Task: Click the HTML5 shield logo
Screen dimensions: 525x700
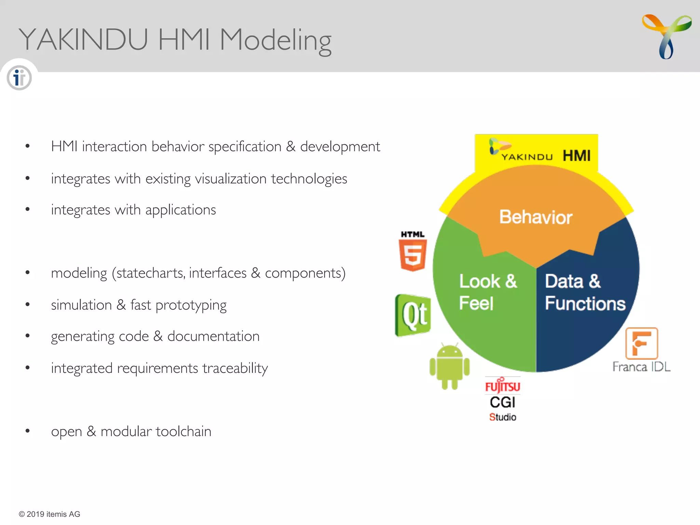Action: pyautogui.click(x=413, y=254)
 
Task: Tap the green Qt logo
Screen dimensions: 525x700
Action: pyautogui.click(x=413, y=315)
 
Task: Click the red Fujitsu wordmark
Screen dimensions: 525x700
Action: pyautogui.click(x=502, y=387)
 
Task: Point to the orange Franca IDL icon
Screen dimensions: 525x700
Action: pyautogui.click(x=642, y=344)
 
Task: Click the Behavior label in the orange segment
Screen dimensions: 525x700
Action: pyautogui.click(x=536, y=217)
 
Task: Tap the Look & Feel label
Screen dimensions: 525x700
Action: pyautogui.click(x=488, y=292)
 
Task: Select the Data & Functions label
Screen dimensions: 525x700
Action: pyautogui.click(x=585, y=292)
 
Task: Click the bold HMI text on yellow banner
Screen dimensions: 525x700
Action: pyautogui.click(x=577, y=156)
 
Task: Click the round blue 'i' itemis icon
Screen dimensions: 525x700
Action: pyautogui.click(x=19, y=78)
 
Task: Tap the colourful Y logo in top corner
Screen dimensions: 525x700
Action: pyautogui.click(x=667, y=36)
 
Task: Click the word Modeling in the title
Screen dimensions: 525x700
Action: pyautogui.click(x=275, y=40)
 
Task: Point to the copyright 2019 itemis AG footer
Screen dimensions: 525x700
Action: pyautogui.click(x=50, y=514)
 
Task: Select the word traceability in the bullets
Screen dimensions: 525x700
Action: pyautogui.click(x=235, y=368)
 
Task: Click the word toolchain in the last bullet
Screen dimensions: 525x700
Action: pyautogui.click(x=184, y=431)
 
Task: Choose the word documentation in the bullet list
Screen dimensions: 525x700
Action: pyautogui.click(x=213, y=336)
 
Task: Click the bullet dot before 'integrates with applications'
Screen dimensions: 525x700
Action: pyautogui.click(x=28, y=210)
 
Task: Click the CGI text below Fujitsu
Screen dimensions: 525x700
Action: pyautogui.click(x=502, y=402)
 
